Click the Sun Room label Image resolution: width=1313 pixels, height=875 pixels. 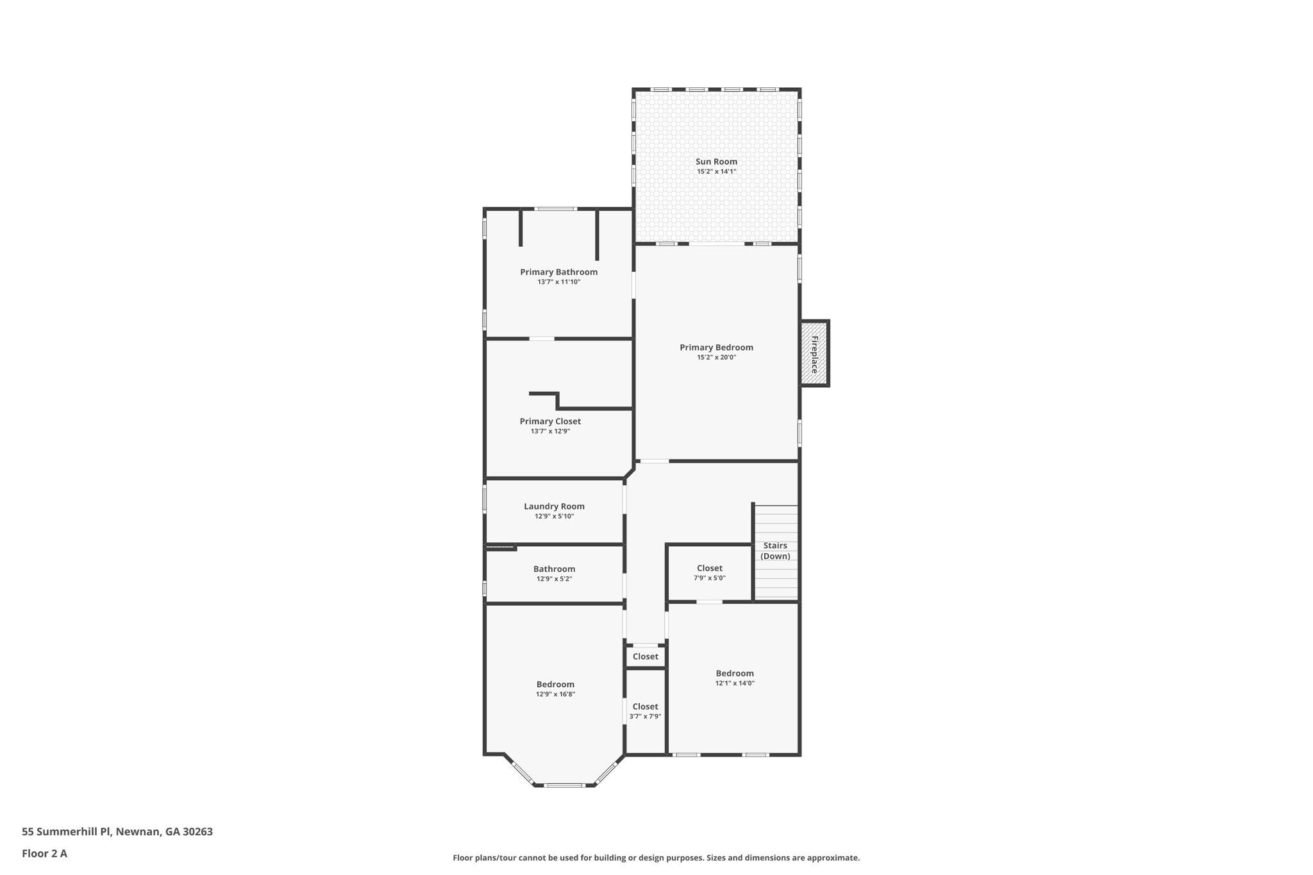click(x=716, y=162)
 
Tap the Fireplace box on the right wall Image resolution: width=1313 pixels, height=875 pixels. click(x=814, y=354)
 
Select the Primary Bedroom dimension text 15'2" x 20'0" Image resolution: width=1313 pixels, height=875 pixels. click(x=716, y=358)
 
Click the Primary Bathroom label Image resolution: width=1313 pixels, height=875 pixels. click(x=558, y=272)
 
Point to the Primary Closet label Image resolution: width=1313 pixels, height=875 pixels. click(x=550, y=421)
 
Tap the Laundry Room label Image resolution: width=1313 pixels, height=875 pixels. click(x=554, y=506)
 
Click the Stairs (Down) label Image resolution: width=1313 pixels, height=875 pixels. click(x=775, y=551)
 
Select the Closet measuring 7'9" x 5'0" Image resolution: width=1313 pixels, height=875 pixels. click(x=709, y=572)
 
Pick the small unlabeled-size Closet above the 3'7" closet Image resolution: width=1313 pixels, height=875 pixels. click(x=645, y=656)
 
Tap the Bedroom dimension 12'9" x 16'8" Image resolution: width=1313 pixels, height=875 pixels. click(x=555, y=694)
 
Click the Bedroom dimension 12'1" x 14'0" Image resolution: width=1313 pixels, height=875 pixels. click(x=735, y=683)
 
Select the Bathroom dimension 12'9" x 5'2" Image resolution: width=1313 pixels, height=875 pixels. click(x=554, y=579)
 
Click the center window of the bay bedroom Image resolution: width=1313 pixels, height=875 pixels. click(x=564, y=785)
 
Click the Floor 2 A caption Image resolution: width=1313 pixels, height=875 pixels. click(x=44, y=854)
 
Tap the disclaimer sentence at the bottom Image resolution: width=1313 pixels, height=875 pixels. click(x=656, y=858)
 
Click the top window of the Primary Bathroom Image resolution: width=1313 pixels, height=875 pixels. click(x=555, y=209)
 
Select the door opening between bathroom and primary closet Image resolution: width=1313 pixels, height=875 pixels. click(x=542, y=338)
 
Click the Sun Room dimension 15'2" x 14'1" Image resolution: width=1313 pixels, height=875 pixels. click(x=716, y=172)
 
